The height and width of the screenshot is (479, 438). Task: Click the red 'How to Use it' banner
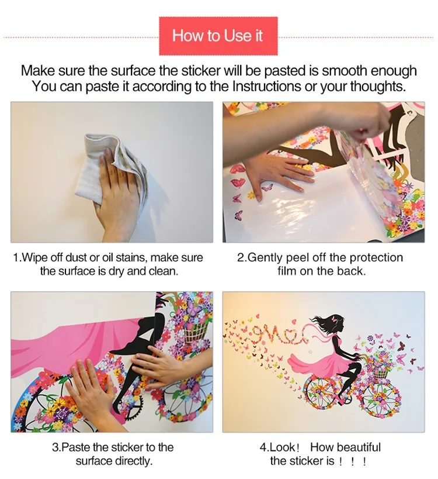(x=218, y=36)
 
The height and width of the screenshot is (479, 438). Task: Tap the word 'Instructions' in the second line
(x=266, y=86)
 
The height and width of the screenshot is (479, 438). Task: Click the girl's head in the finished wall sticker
(x=335, y=323)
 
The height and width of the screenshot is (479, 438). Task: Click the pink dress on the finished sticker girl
(x=320, y=360)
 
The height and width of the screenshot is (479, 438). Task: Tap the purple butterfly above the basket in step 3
(x=192, y=308)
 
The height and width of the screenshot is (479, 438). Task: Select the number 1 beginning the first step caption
(x=16, y=257)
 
